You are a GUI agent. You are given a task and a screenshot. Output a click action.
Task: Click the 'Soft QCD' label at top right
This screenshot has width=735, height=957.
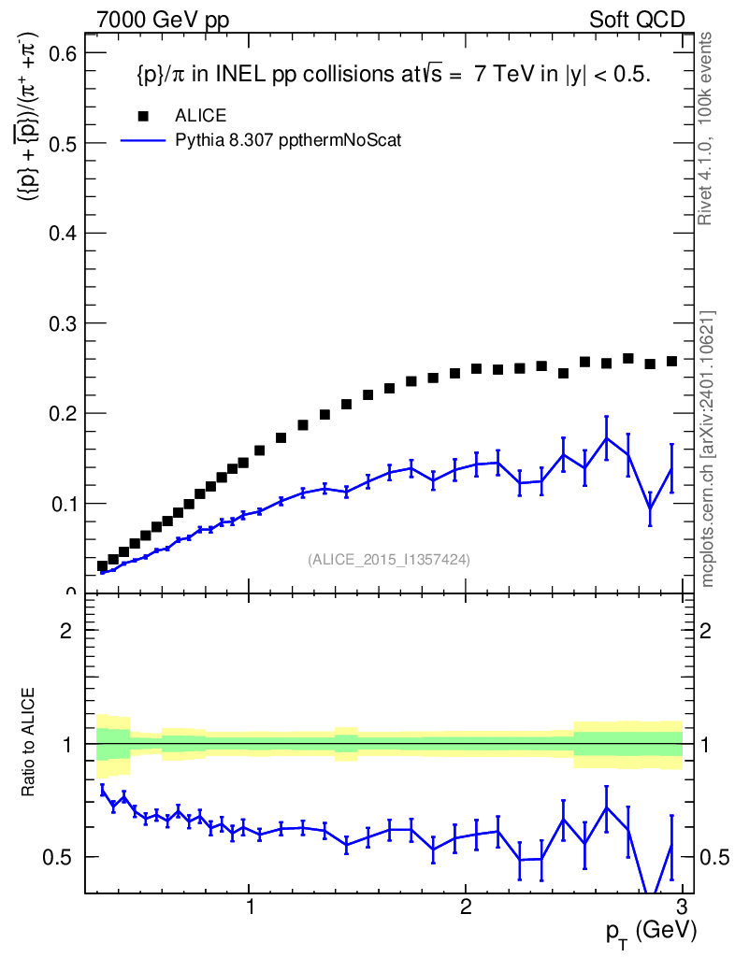coord(637,20)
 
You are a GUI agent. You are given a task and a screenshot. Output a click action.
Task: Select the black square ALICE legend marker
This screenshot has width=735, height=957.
coord(143,116)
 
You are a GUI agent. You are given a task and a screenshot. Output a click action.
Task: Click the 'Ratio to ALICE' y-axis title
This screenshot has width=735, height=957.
coord(29,743)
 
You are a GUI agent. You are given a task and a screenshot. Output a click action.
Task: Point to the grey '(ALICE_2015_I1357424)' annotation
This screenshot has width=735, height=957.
coord(388,560)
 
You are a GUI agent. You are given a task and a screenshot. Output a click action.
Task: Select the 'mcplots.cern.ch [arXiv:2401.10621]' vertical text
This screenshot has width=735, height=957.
coord(708,449)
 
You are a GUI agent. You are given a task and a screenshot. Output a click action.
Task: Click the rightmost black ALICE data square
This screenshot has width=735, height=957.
coord(671,361)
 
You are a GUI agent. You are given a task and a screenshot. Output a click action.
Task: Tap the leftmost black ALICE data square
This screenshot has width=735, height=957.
coord(103,565)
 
